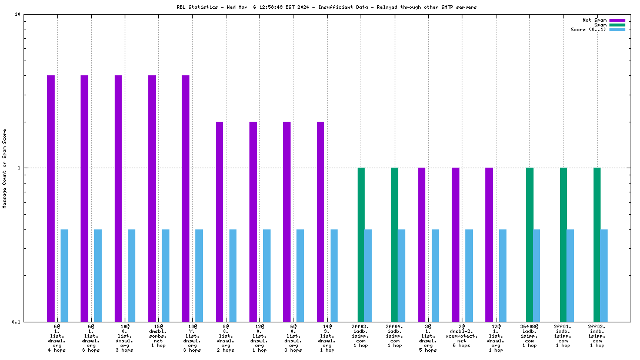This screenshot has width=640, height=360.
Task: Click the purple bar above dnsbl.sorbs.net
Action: [x=152, y=198]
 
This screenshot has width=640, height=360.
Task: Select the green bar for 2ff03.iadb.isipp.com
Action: [x=361, y=244]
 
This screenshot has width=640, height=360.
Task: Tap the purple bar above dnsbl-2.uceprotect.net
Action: [x=455, y=244]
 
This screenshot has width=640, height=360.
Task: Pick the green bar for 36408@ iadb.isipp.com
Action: [x=529, y=244]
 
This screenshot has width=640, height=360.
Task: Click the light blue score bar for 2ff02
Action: [x=604, y=275]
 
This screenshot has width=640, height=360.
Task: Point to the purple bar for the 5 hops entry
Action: [x=422, y=244]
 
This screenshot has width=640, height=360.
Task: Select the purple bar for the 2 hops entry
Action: [x=219, y=221]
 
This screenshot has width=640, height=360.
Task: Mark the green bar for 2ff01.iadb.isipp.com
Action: [x=564, y=244]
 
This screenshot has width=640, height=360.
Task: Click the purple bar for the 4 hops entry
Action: [x=51, y=198]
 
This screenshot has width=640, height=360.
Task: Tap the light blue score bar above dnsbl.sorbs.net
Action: [x=165, y=275]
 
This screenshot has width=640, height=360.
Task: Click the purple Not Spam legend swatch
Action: [x=617, y=20]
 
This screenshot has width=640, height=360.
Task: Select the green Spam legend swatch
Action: [x=617, y=25]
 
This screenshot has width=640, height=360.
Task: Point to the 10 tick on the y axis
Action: [x=18, y=15]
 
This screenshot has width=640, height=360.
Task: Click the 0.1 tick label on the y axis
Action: [x=17, y=322]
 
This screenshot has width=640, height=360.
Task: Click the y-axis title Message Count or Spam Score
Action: [x=5, y=169]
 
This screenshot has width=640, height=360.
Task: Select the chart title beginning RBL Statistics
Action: [x=326, y=7]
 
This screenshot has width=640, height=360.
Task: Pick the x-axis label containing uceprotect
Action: [x=462, y=335]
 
